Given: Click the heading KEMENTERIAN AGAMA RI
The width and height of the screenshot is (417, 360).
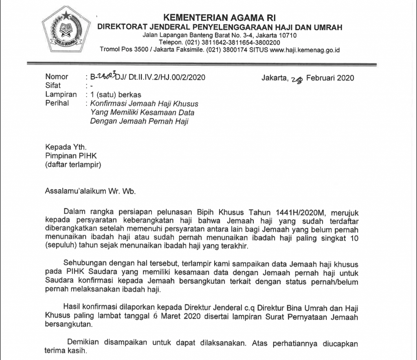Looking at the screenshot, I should click(219, 17).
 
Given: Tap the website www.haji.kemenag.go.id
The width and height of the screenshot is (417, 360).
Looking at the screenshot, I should click(305, 50).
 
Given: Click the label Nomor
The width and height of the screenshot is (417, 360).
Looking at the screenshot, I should click(57, 77).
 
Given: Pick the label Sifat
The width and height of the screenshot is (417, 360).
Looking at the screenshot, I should click(53, 86).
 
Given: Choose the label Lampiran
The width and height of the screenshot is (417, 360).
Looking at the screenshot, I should click(61, 95).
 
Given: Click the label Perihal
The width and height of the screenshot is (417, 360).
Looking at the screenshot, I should click(57, 103).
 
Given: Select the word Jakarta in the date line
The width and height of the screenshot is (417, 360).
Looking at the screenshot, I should click(274, 78).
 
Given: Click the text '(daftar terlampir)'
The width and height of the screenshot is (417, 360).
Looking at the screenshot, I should click(73, 165).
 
